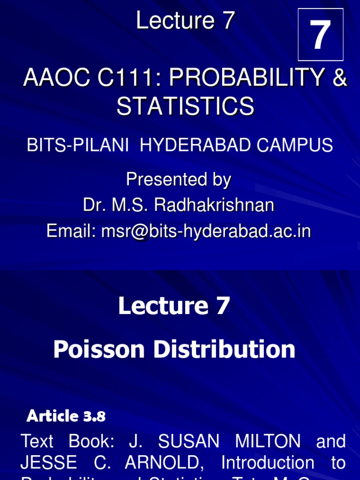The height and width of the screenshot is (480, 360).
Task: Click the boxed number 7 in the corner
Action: pyautogui.click(x=321, y=35)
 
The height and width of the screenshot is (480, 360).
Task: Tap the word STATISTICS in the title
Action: pyautogui.click(x=186, y=106)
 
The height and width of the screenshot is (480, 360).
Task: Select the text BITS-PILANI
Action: pyautogui.click(x=77, y=145)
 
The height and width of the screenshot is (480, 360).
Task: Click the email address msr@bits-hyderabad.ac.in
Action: pyautogui.click(x=206, y=231)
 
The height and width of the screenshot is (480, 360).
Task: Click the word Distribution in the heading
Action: pyautogui.click(x=233, y=350)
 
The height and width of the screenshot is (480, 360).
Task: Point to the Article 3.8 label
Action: pyautogui.click(x=66, y=416)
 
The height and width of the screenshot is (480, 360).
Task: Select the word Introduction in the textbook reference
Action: pyautogui.click(x=268, y=463)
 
